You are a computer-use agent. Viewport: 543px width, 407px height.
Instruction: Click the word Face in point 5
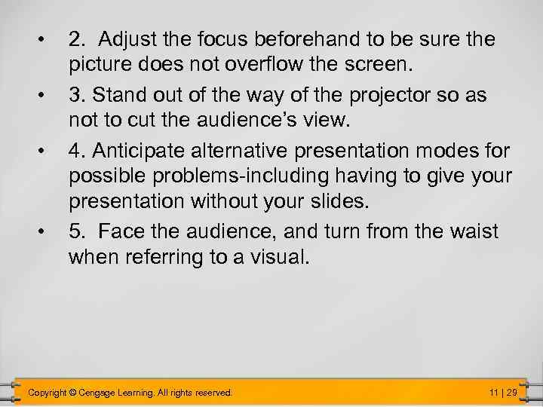(x=118, y=231)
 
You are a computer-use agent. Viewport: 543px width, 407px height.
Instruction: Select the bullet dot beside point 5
(x=47, y=231)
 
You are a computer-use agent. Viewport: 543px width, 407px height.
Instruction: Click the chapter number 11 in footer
(x=494, y=393)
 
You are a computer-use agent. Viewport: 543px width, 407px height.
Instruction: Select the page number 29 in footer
(x=512, y=393)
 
